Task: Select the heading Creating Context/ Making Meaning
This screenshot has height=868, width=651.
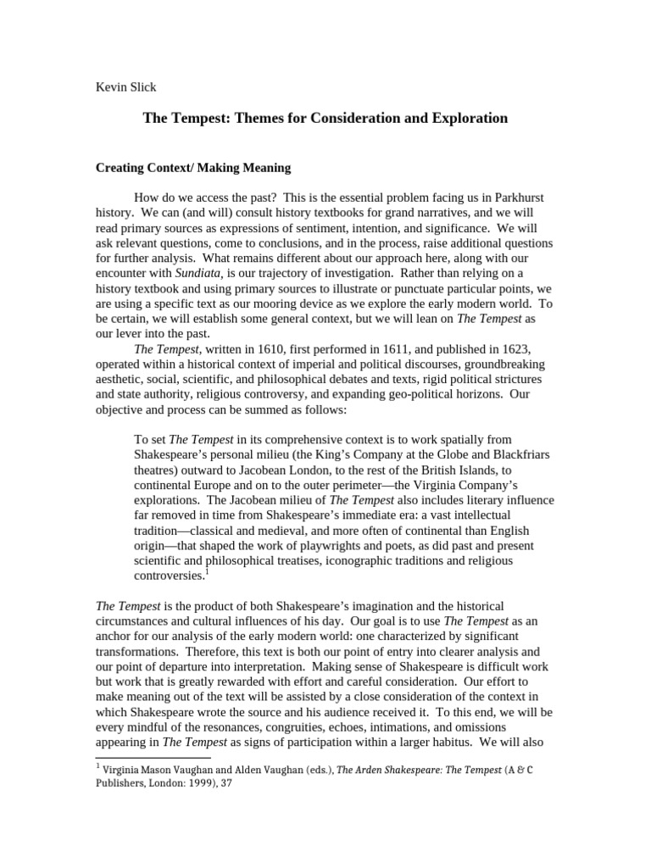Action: [x=192, y=168]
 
